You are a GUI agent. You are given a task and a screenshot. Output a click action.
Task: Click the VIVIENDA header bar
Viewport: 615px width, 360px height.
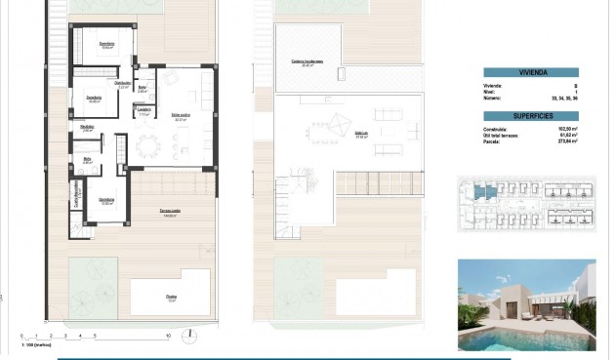[x=530, y=72]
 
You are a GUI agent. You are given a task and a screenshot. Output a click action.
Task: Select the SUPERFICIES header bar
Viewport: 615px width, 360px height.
[x=530, y=114]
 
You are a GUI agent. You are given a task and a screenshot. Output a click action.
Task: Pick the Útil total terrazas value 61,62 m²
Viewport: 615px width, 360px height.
[x=566, y=135]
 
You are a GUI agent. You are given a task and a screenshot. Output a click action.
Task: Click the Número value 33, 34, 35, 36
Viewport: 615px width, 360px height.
[x=565, y=99]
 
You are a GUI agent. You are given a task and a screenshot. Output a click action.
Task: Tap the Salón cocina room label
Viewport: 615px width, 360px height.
[x=181, y=116]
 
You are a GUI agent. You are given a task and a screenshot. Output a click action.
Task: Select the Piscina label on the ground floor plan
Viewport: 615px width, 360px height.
[x=171, y=298]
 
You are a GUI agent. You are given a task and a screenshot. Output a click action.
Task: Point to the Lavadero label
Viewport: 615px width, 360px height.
[x=143, y=109]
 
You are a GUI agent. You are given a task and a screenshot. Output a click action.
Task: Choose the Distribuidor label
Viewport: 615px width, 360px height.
[x=124, y=84]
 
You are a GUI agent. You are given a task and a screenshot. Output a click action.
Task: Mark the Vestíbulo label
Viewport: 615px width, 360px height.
[x=87, y=127]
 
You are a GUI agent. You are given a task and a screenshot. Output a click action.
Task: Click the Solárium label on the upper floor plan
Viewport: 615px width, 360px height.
[x=360, y=134]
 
